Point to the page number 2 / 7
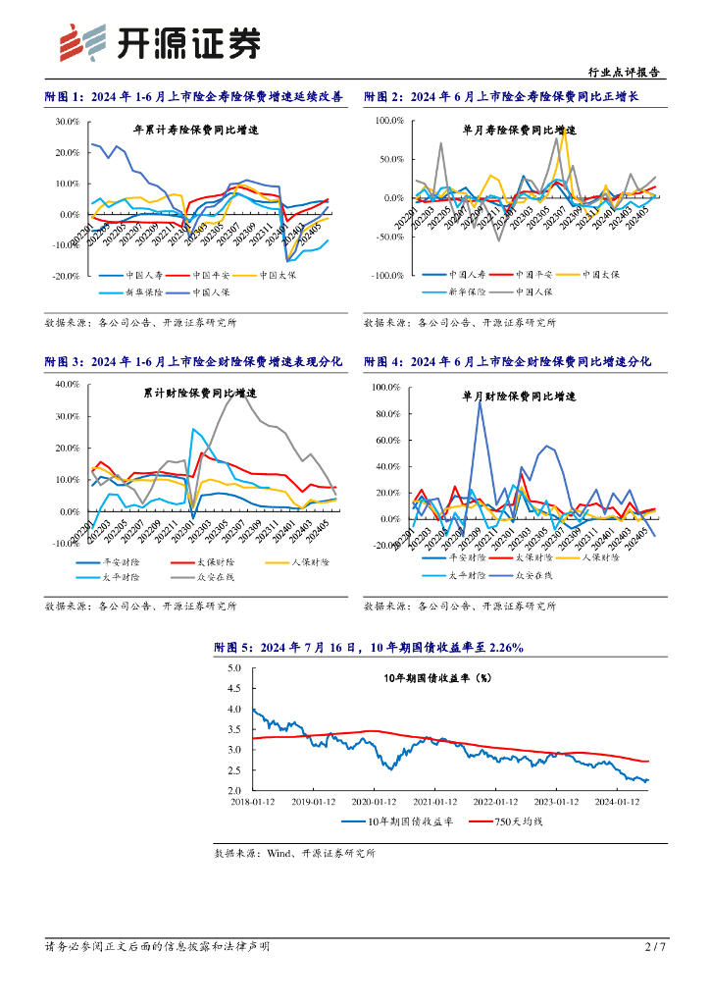click(x=655, y=947)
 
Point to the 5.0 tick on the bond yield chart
click(x=233, y=667)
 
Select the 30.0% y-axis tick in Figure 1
click(x=67, y=122)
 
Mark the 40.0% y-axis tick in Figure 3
click(x=67, y=385)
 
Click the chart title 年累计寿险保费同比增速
click(x=195, y=130)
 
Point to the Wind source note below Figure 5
click(x=295, y=854)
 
